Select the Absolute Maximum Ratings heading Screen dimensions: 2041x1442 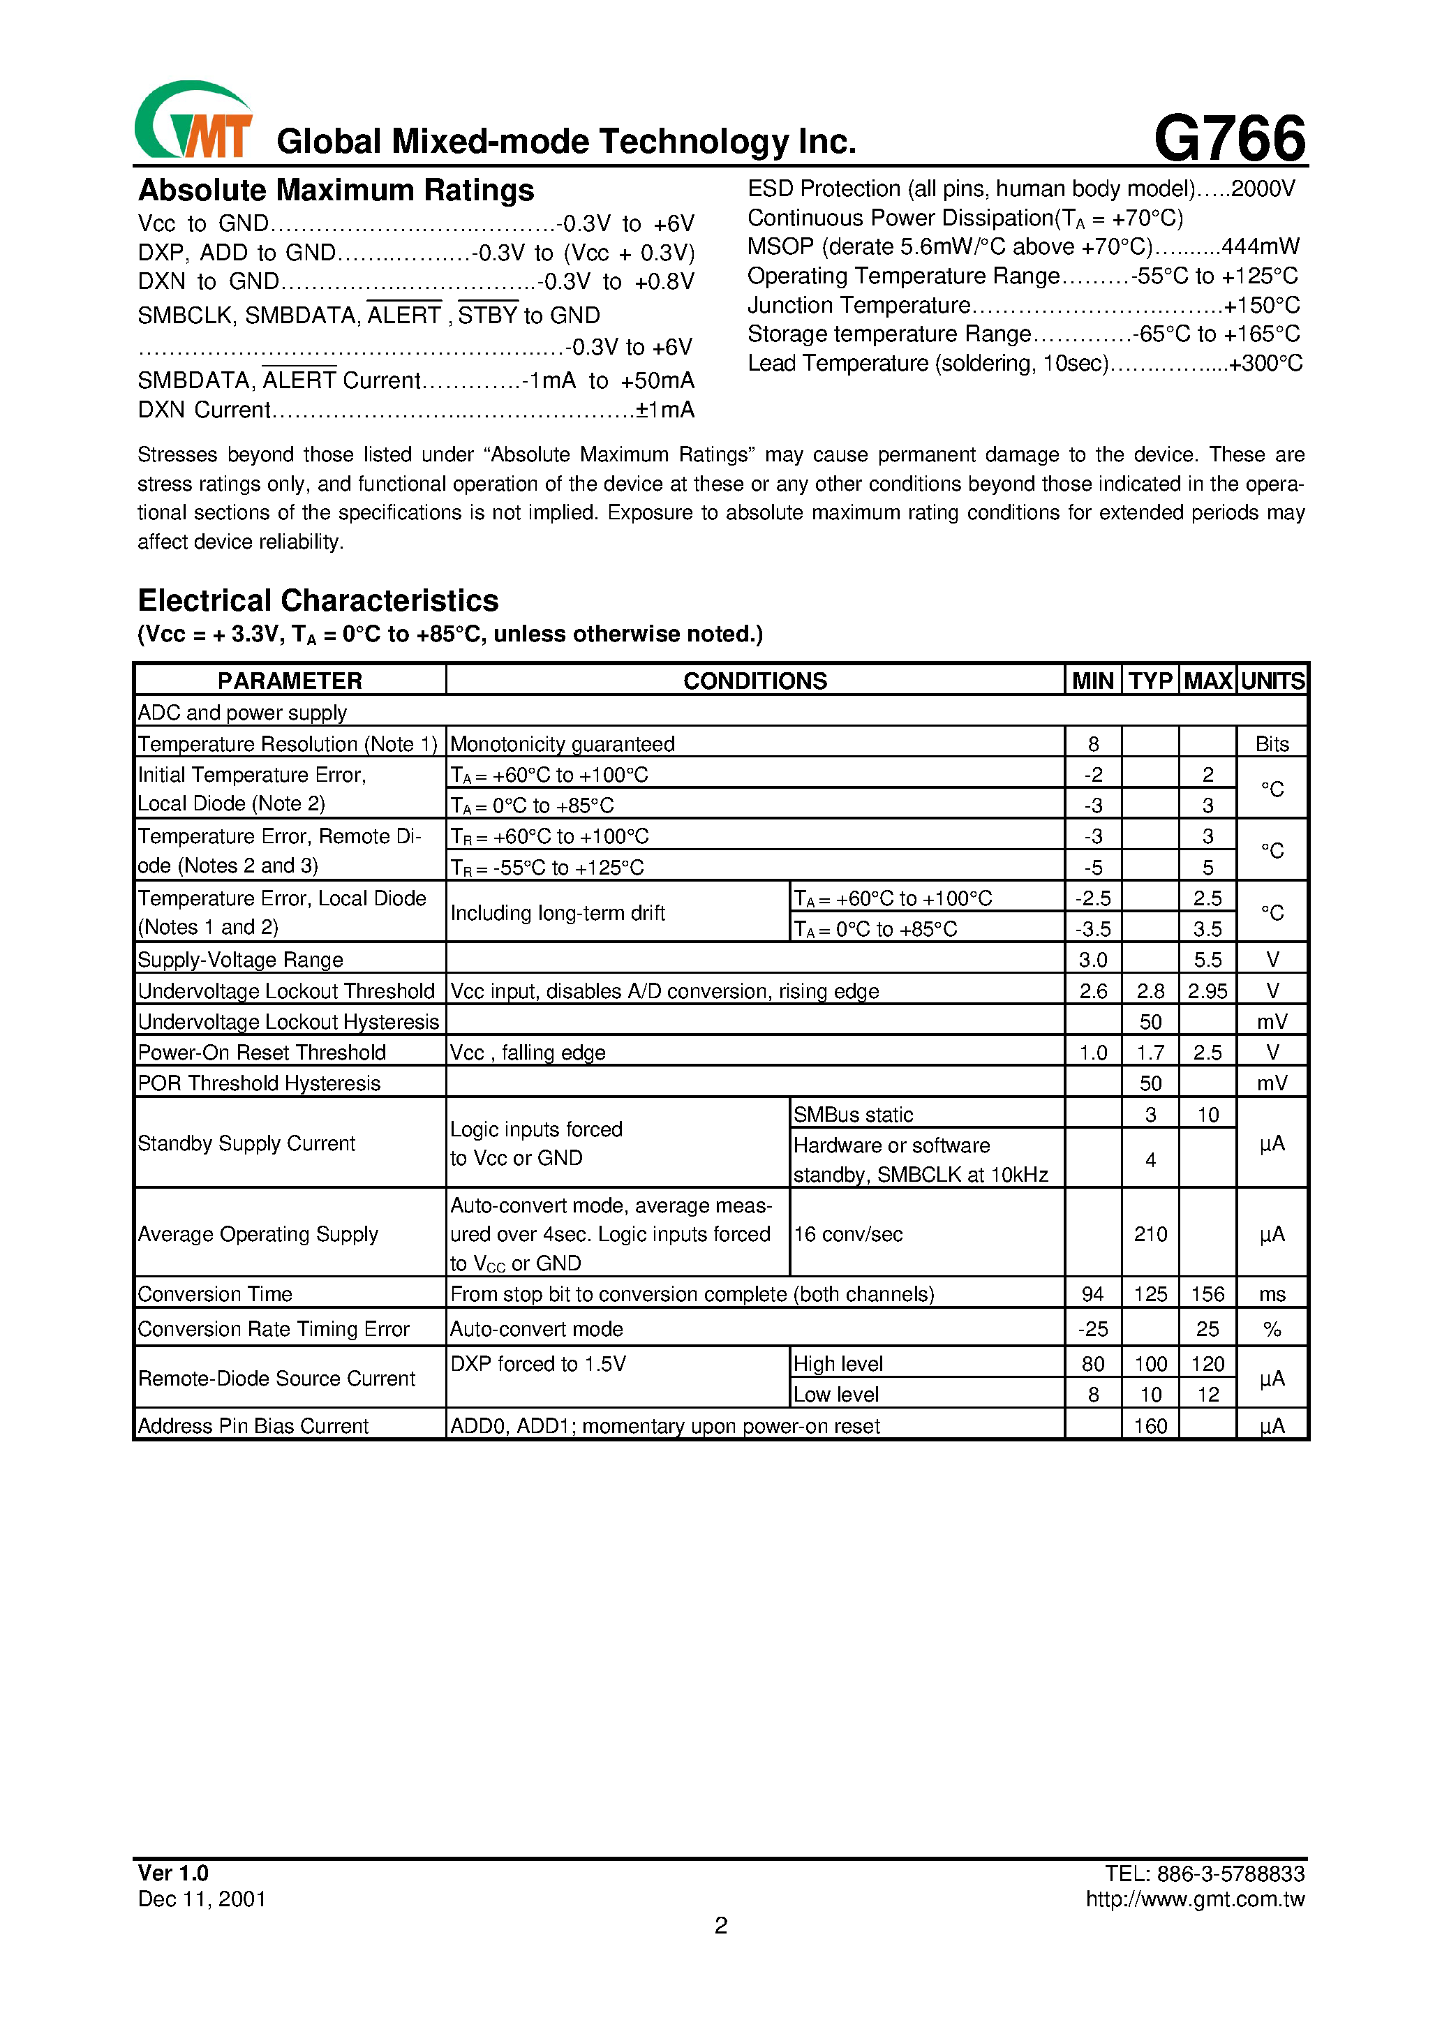[x=336, y=191]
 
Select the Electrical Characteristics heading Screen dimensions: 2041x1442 [x=318, y=601]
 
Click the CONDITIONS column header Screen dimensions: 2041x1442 [x=755, y=681]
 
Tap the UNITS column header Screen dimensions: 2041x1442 [x=1272, y=681]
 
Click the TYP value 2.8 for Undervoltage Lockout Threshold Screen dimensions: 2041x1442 [x=1150, y=991]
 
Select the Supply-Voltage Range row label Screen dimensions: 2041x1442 [x=240, y=960]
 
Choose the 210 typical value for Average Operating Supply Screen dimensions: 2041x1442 [x=1150, y=1234]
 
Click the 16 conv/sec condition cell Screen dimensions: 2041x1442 [x=848, y=1234]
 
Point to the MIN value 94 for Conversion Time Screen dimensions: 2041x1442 [x=1092, y=1294]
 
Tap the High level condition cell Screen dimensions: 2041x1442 [x=838, y=1364]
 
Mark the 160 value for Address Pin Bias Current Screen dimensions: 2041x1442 [x=1150, y=1426]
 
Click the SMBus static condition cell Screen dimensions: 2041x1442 [x=853, y=1115]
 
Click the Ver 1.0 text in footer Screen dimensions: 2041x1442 [x=172, y=1873]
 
